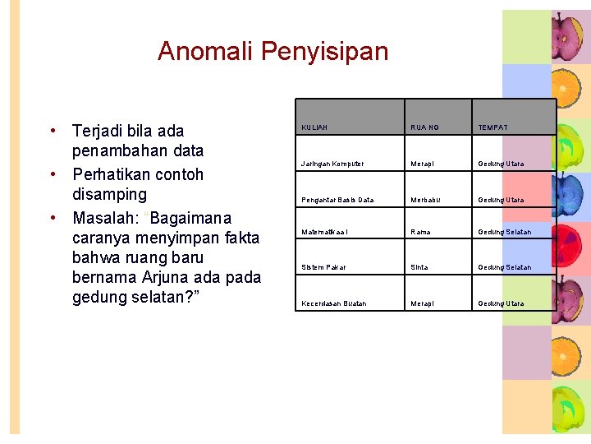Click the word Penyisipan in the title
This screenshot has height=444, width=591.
324,52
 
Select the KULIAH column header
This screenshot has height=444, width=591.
314,127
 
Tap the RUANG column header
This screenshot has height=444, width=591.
425,127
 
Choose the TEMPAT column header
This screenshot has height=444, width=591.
492,127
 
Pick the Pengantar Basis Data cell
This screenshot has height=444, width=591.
337,200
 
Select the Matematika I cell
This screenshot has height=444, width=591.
325,232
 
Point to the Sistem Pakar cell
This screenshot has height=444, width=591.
324,267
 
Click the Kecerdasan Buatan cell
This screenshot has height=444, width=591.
334,303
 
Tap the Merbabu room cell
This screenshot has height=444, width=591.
425,200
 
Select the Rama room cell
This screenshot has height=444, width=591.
420,232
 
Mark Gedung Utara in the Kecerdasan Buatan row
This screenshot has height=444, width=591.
501,303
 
